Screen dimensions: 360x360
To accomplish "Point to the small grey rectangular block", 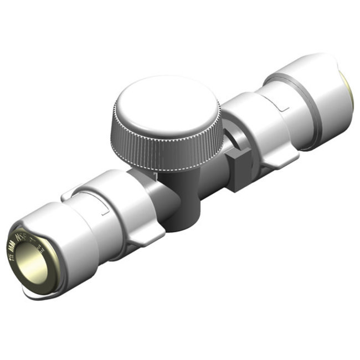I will [x=239, y=171].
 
